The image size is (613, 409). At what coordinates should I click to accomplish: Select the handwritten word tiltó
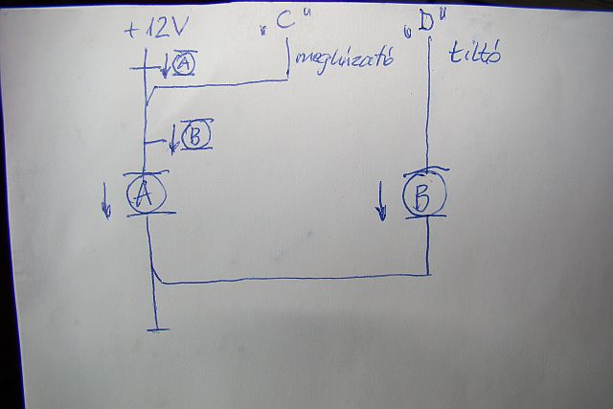tap(475, 55)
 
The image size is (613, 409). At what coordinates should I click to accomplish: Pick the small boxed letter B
tap(194, 136)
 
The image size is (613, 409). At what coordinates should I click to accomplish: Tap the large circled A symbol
tap(146, 193)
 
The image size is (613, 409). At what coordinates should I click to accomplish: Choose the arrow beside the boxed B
tap(173, 140)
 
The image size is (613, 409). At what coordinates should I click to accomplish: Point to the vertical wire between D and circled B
tap(428, 105)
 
